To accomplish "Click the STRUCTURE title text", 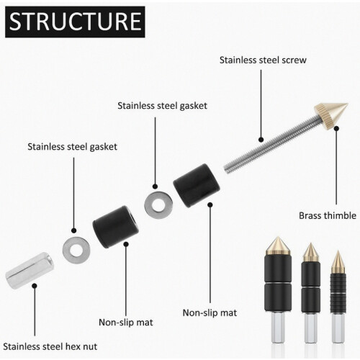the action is point(75,22).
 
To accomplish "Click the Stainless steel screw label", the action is point(263,60).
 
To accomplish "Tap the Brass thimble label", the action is point(328,215).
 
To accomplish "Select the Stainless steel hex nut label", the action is point(50,347).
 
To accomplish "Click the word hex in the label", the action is point(73,347).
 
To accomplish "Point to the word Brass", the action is point(310,215).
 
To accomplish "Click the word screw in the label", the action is point(294,60).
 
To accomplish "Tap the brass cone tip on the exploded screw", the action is point(332,116).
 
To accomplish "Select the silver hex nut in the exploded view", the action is point(30,271).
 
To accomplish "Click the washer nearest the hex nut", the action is point(76,250).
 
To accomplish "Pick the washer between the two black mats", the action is point(158,205).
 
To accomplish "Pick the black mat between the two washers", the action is point(116,227).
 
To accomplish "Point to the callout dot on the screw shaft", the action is point(261,140).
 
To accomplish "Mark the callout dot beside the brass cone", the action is point(336,128).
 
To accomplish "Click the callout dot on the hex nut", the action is point(35,286).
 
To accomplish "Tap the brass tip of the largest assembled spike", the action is point(278,246).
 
